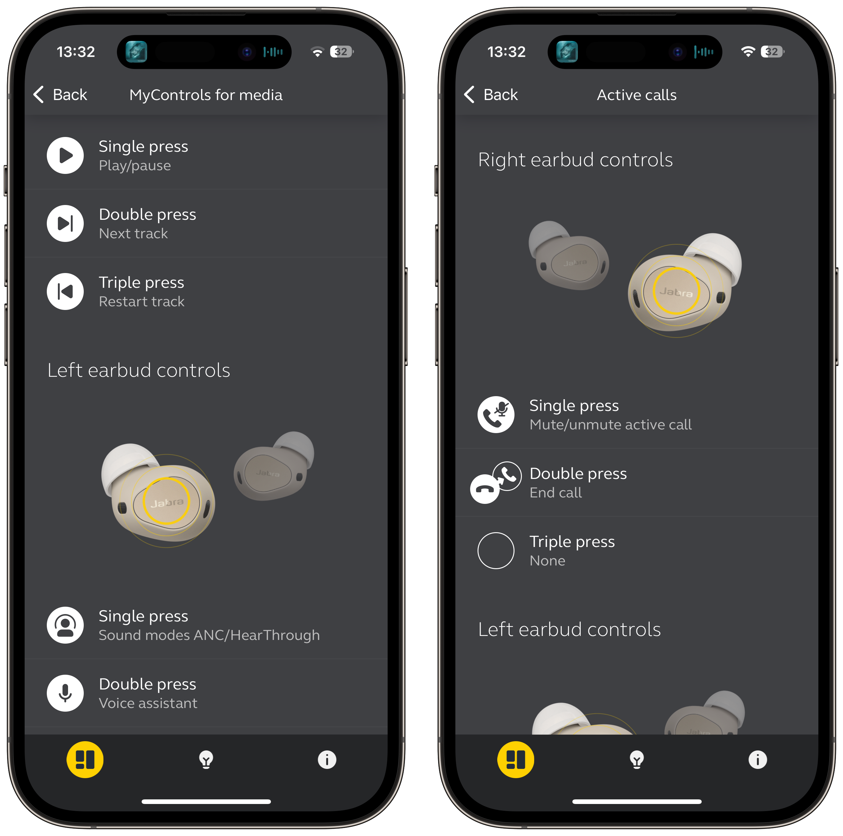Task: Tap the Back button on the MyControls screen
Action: [60, 95]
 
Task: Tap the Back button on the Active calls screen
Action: [491, 95]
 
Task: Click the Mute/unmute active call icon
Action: [496, 415]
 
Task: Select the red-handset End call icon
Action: [485, 489]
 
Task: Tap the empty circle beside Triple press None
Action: [496, 551]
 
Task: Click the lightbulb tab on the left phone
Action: [206, 760]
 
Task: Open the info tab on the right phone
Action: [757, 760]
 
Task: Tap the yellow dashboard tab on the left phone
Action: [85, 760]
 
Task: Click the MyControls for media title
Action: [206, 95]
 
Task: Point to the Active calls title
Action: [637, 95]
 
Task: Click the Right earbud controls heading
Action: [575, 160]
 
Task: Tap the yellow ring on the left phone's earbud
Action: [166, 500]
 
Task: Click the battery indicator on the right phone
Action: [772, 52]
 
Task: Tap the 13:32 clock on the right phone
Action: [506, 52]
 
